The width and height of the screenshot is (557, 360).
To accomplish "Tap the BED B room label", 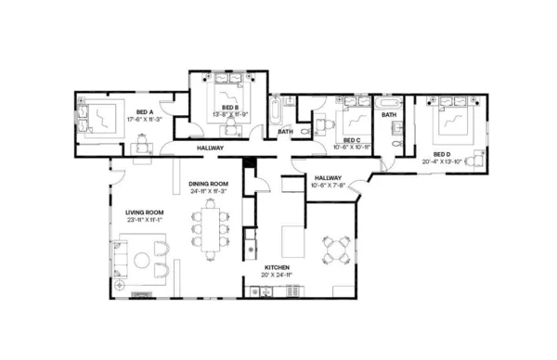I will coord(231,108).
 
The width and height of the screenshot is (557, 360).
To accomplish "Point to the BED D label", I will coord(442,154).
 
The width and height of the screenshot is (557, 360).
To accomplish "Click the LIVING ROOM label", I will coord(144,212).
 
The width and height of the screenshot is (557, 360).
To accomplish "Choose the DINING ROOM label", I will coord(209,184).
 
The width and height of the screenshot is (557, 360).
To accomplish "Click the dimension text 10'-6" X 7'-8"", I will coord(328,185).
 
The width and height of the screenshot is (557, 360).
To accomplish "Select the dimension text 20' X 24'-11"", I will coord(276,276).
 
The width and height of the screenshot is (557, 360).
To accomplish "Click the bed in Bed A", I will coord(97,116).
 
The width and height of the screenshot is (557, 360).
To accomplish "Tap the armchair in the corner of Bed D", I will coord(476,160).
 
